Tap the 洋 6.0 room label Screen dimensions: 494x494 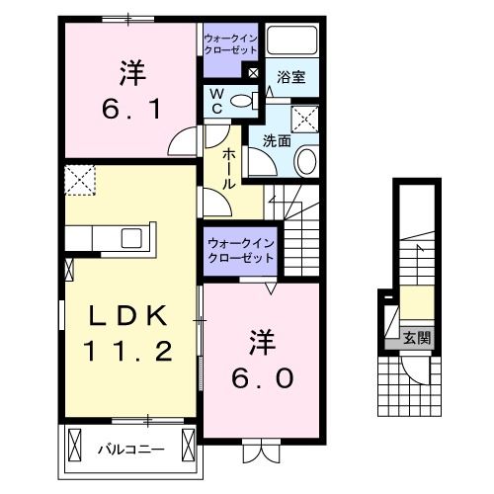[x=264, y=362]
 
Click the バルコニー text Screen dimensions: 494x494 [x=129, y=450]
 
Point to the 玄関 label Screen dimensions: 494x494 [x=416, y=338]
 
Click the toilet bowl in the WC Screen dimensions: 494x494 [x=250, y=99]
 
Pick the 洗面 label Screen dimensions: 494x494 [x=277, y=141]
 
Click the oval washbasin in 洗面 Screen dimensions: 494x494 [x=306, y=161]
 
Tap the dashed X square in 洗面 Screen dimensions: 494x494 [x=305, y=119]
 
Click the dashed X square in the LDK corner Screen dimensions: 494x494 [x=77, y=181]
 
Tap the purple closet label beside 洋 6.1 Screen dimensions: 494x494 [x=229, y=43]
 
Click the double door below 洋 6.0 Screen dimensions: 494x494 [x=259, y=450]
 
